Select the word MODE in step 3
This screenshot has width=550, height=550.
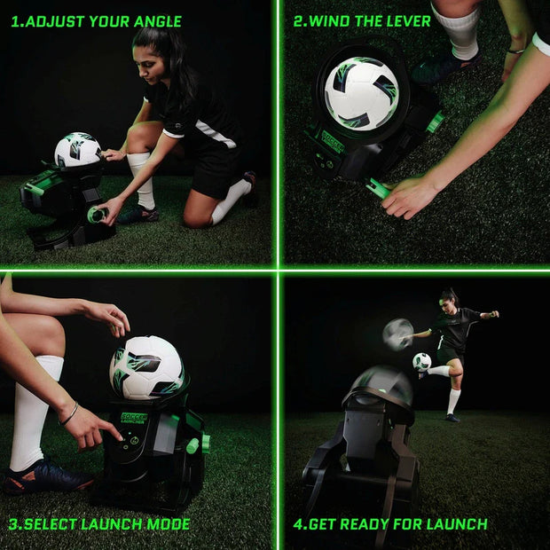[168, 524]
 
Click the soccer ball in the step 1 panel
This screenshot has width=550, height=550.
[77, 150]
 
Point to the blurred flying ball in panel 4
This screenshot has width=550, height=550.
[398, 334]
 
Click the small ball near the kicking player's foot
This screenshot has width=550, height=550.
[421, 362]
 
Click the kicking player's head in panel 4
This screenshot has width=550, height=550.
[450, 296]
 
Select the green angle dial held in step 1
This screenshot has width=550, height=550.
[96, 214]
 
